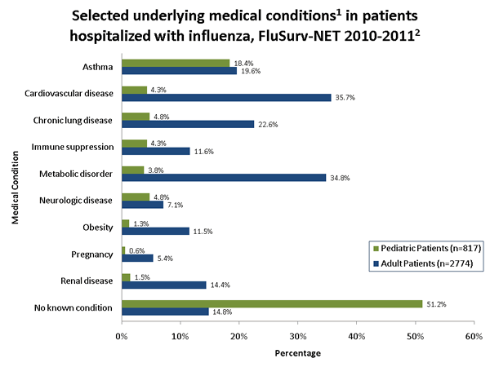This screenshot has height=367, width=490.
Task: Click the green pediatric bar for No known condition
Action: pos(272,303)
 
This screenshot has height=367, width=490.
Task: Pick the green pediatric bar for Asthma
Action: pos(176,63)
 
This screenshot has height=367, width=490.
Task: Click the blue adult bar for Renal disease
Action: pos(164,285)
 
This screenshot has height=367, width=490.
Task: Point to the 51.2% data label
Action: pos(436,303)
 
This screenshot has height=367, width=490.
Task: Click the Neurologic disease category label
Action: pos(80,200)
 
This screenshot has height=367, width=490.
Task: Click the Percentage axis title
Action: pos(297,353)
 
